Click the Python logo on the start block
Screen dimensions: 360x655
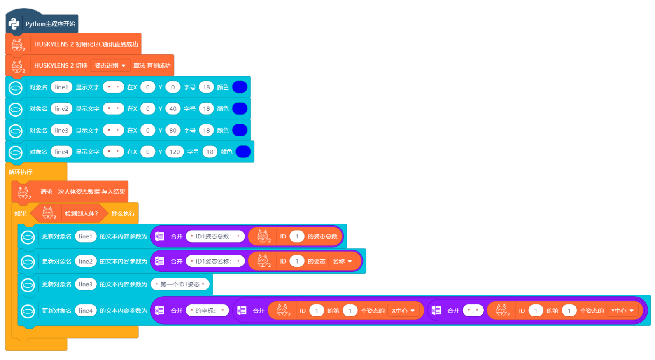[x=14, y=24]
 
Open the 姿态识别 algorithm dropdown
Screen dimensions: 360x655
[x=110, y=65]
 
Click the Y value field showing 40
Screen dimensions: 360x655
[x=173, y=109]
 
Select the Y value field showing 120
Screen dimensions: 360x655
[x=175, y=152]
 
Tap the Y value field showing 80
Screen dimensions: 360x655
[x=173, y=130]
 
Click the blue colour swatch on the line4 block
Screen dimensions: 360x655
[x=243, y=152]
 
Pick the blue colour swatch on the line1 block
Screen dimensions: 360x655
[x=240, y=87]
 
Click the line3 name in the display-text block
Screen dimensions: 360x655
[x=62, y=130]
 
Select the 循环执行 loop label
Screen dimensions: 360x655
[x=20, y=172]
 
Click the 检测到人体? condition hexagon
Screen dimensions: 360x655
[x=69, y=213]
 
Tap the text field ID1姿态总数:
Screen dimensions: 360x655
[x=215, y=236]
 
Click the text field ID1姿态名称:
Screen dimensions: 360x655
[x=215, y=261]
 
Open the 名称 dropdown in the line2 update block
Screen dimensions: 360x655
[x=342, y=261]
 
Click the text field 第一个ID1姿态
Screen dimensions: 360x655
[x=180, y=284]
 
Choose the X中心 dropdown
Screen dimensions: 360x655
[x=403, y=311]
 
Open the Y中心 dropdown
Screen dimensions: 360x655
[x=622, y=311]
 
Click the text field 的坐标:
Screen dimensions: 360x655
[x=207, y=311]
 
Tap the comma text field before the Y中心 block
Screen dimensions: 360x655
[x=473, y=311]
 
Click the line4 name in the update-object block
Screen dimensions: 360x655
[x=86, y=311]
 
